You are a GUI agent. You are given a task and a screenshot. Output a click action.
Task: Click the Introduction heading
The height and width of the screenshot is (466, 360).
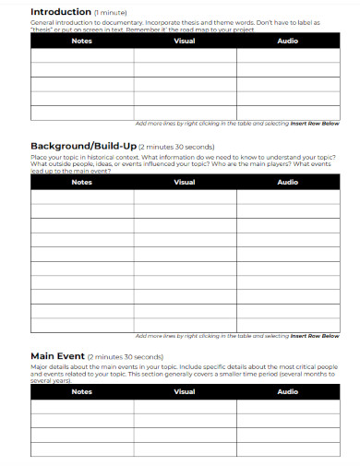(61, 11)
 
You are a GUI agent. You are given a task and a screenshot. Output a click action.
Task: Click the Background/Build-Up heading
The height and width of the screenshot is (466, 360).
(84, 147)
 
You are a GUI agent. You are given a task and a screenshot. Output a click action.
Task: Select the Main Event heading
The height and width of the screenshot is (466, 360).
(57, 356)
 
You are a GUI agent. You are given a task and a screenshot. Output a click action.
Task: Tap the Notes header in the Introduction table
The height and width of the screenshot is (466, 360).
(81, 41)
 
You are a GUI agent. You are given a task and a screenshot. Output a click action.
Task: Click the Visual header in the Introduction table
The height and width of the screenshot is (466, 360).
(185, 41)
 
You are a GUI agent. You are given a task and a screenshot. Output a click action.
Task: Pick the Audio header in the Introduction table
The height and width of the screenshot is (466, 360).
(288, 41)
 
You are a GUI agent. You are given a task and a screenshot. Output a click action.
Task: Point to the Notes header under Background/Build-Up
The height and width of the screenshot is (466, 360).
(81, 182)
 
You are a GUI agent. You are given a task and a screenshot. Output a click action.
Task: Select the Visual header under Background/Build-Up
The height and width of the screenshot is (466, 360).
(185, 182)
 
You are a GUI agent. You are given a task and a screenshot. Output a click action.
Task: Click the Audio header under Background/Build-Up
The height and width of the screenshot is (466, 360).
(288, 182)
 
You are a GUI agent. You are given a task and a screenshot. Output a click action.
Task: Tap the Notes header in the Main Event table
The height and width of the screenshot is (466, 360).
(81, 392)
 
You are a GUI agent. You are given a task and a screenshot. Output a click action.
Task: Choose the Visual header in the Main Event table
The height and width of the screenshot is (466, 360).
(185, 392)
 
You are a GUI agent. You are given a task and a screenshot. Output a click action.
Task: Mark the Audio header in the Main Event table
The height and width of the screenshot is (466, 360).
(288, 392)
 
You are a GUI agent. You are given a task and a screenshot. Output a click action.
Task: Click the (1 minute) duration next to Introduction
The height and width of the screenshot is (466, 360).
(110, 12)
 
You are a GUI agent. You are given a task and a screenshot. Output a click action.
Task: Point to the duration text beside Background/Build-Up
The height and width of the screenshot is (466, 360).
(177, 148)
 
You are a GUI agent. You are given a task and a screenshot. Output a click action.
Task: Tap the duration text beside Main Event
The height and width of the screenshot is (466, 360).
(126, 357)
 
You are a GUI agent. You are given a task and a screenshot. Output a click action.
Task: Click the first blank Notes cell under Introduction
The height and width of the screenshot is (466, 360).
(81, 55)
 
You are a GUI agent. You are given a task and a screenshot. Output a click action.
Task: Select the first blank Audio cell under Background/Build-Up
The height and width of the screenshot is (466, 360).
(288, 197)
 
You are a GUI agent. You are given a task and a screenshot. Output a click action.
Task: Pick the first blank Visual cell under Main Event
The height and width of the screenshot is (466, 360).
(185, 407)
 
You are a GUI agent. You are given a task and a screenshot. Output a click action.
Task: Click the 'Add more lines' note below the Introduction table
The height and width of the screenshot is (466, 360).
(237, 124)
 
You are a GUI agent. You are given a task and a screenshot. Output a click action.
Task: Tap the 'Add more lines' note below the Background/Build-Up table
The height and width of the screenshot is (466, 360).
(237, 336)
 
